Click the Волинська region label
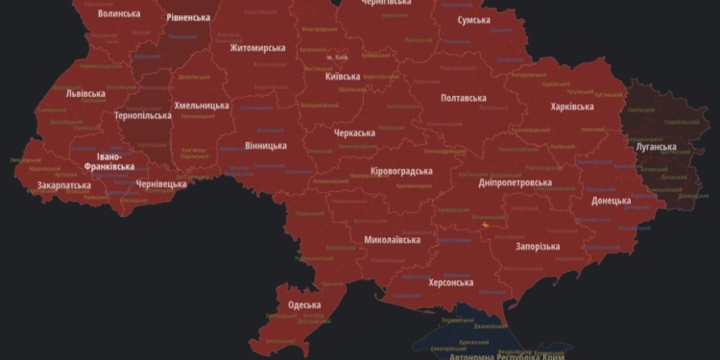coord(119,13)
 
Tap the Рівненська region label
coord(188,17)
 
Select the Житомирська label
coord(257,48)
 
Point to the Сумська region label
coord(474,20)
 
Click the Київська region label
coord(343,77)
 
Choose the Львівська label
coord(85,94)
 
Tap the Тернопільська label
coord(143,115)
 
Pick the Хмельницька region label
coord(202,106)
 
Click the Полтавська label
coord(463,98)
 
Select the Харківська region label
coord(572,107)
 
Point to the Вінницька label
coord(266,146)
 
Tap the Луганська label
coord(656,147)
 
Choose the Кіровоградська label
coord(401,171)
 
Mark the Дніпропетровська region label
coord(516,182)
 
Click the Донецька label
coord(612,201)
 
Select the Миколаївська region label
coord(392,239)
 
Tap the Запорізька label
coord(538,246)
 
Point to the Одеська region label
coord(304,305)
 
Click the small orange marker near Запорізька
coord(485,225)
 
